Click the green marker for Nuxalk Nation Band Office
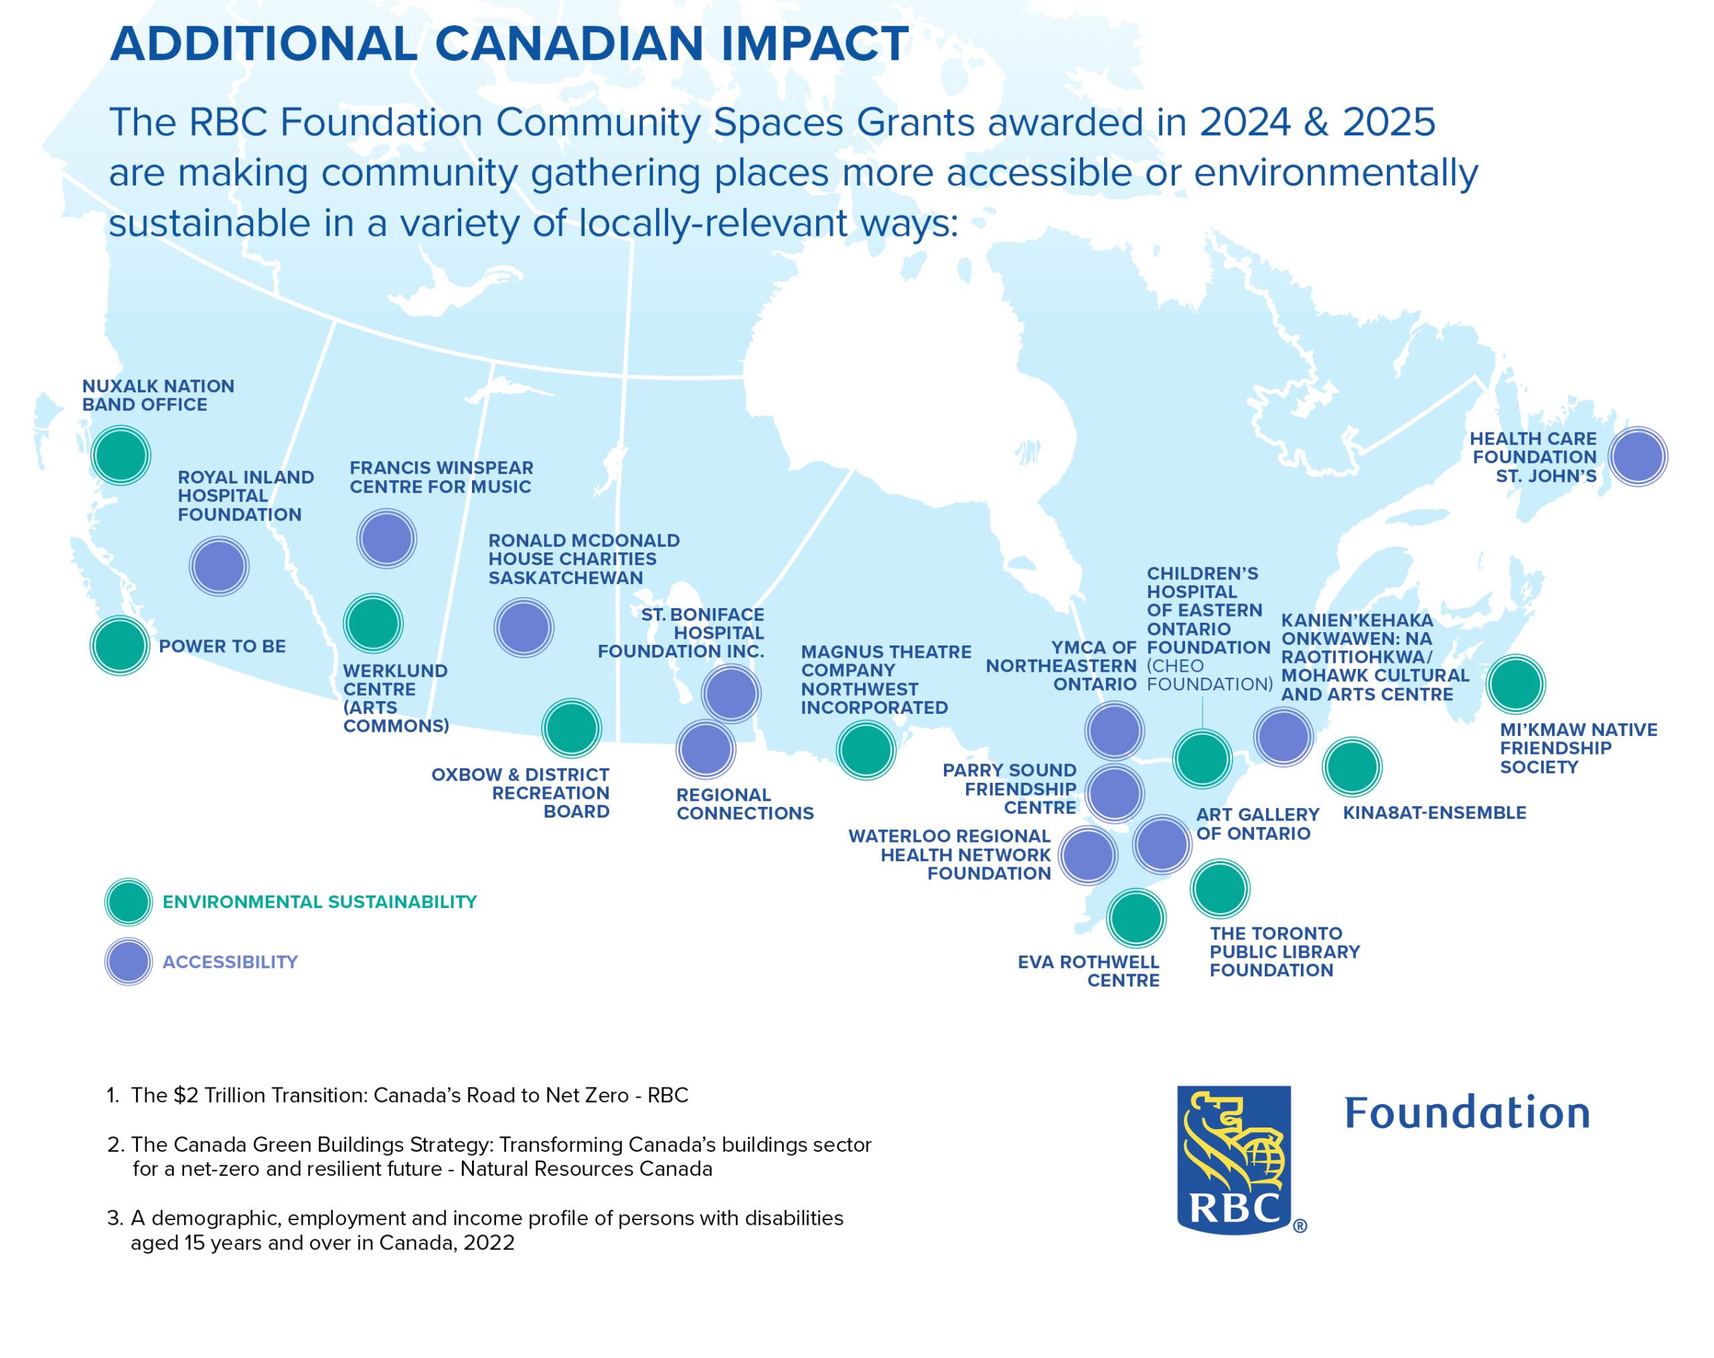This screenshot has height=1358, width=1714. tap(121, 455)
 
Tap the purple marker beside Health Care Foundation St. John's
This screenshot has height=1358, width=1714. tap(1638, 457)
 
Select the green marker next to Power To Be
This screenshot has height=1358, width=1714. tap(120, 646)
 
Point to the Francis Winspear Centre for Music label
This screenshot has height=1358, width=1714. tap(441, 477)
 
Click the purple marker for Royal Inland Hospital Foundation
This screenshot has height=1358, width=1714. tap(220, 566)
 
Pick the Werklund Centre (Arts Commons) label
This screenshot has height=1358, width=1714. tap(395, 698)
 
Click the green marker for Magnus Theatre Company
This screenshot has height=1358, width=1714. tap(866, 749)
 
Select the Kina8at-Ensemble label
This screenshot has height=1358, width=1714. tap(1434, 812)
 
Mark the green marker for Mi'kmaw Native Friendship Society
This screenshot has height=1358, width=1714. tap(1515, 684)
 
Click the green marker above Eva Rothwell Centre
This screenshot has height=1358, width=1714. tap(1136, 918)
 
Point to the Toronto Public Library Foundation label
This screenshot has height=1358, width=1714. tap(1285, 951)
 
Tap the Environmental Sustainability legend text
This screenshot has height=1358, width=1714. tap(319, 901)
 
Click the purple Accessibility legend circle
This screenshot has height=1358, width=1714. tap(129, 962)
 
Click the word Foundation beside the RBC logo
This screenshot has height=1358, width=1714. tap(1467, 1112)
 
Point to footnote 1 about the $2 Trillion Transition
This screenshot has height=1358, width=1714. tap(398, 1096)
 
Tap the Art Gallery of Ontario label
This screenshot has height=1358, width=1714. tap(1257, 824)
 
